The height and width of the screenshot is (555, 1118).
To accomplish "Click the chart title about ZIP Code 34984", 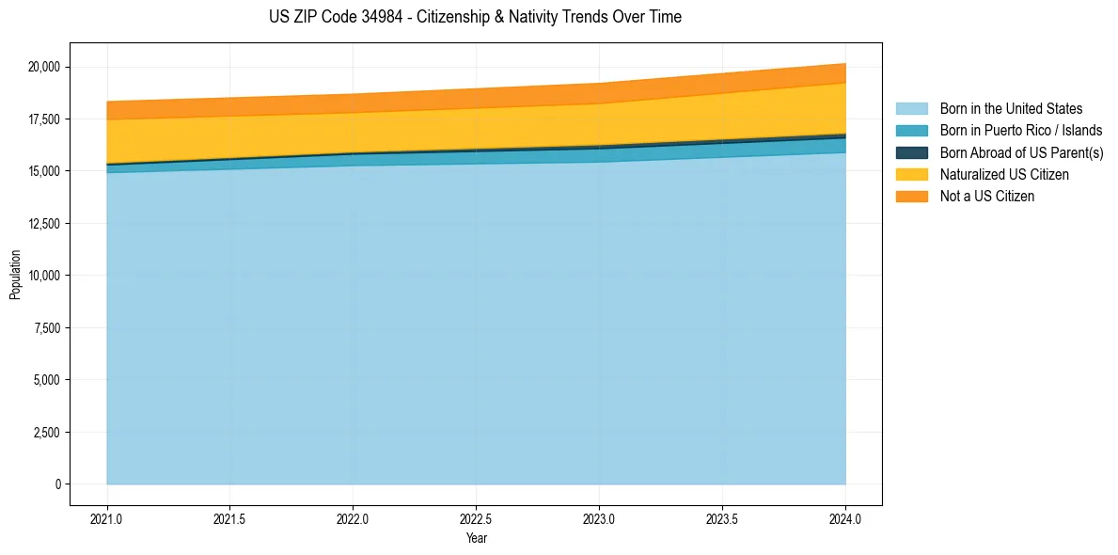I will click(x=475, y=17).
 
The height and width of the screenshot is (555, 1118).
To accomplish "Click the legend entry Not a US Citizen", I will click(x=987, y=197).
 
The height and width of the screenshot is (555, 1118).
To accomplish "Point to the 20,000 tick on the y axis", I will click(x=44, y=67).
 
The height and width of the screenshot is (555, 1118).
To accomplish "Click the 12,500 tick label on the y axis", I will click(x=44, y=224).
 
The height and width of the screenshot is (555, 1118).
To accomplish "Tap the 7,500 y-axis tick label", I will click(x=47, y=328).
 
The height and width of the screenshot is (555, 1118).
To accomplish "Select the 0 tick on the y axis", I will click(x=57, y=484).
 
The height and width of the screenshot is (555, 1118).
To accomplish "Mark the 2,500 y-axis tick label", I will click(x=47, y=433).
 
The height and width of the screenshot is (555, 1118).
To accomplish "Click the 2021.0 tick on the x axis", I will click(x=107, y=518).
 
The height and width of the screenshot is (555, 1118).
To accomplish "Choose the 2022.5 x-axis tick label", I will click(x=476, y=518).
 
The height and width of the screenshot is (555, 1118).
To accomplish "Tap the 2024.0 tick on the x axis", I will click(x=845, y=518).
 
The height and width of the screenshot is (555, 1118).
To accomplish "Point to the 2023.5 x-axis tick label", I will click(x=722, y=518).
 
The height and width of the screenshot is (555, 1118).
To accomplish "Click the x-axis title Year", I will click(x=476, y=538).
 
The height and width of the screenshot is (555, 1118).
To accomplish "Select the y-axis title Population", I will click(x=14, y=275).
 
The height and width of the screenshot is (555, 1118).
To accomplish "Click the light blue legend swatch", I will click(x=911, y=109).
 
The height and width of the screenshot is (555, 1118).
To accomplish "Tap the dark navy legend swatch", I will click(x=911, y=152).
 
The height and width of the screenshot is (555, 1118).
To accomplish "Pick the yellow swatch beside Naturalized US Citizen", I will click(x=911, y=174).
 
